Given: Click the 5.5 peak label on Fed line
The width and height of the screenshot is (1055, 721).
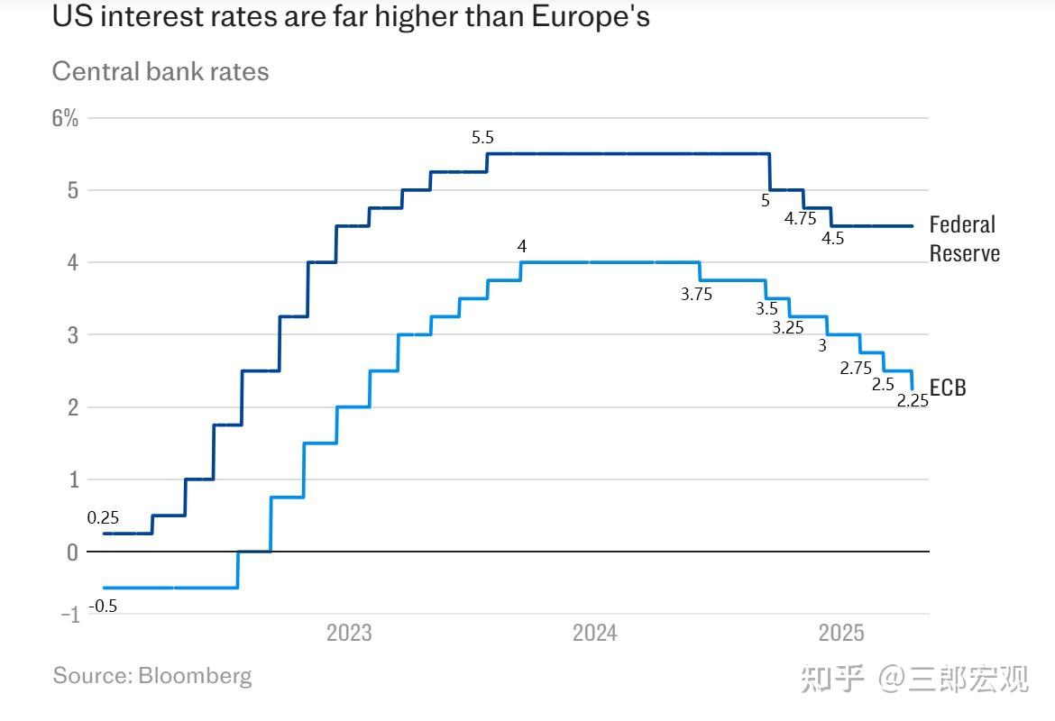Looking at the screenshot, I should (482, 138).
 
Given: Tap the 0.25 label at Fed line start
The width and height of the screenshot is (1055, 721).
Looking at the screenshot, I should (103, 518).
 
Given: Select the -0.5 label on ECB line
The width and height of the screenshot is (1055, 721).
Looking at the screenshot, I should (103, 607).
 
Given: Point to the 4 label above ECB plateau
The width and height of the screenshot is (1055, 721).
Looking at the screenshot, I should (522, 246).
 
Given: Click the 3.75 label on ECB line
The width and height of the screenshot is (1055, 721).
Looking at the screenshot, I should (696, 294).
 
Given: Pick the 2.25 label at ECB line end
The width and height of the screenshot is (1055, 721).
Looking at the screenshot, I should (913, 401).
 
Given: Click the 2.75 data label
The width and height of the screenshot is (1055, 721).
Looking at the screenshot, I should (856, 368).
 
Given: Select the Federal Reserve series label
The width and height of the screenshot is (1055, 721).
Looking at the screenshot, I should (964, 239).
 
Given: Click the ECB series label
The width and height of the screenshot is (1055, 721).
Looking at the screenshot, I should (948, 388).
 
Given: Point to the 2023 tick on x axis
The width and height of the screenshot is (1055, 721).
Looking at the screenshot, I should (349, 634).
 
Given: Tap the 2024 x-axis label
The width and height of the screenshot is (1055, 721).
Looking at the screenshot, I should (595, 634).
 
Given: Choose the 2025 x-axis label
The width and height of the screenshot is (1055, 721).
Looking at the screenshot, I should (840, 634).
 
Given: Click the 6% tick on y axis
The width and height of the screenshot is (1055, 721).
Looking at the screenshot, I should (65, 118).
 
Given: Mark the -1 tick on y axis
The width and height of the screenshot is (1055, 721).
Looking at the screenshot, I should (69, 616).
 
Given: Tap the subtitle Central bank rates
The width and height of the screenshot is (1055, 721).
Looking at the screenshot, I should (161, 71).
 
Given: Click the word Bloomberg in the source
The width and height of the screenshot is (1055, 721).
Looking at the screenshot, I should (195, 675).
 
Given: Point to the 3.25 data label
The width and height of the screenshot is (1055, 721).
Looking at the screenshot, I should (787, 328).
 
